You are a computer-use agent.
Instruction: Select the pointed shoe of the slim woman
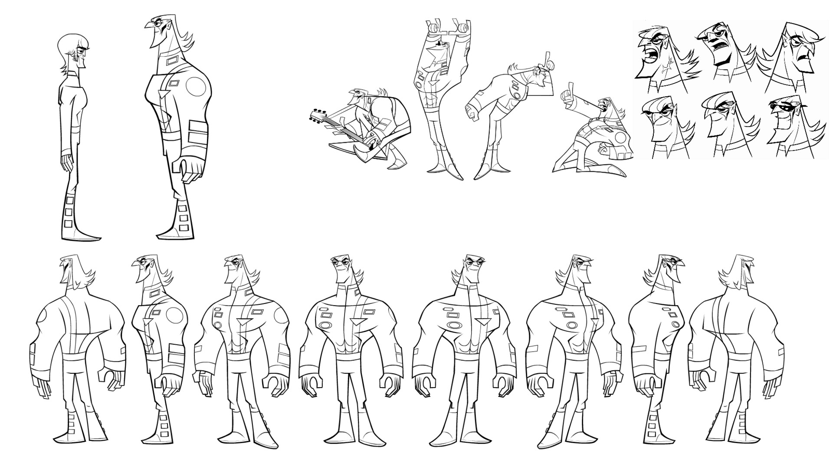coord(89,237)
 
